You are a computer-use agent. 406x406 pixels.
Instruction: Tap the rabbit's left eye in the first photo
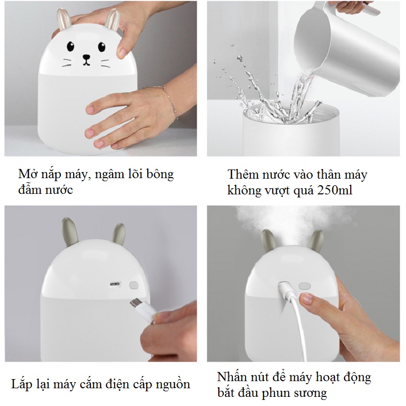point(71,46)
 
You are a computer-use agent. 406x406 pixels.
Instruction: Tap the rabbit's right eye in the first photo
point(102,47)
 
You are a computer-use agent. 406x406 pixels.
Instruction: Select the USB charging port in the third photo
point(115,284)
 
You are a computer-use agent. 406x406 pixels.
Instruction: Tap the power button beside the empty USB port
point(133,285)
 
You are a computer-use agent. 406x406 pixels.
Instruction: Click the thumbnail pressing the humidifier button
point(307,298)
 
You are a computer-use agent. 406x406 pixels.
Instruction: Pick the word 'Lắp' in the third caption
point(22,384)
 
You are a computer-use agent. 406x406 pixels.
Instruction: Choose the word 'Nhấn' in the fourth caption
point(232,377)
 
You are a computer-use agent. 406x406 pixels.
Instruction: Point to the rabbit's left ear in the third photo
point(70,232)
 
